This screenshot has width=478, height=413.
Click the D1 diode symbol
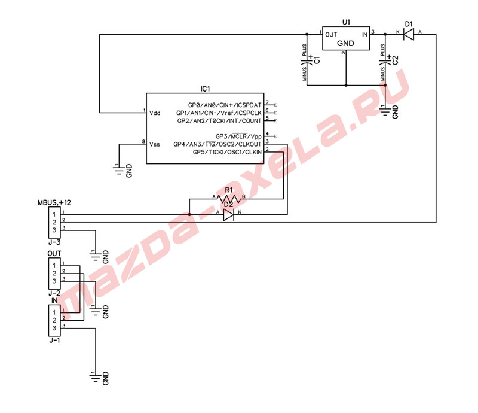409,34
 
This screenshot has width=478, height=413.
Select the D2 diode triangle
228,215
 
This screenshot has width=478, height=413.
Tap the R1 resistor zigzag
229,199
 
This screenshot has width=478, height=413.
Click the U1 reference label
346,22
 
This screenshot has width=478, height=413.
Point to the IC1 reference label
205,89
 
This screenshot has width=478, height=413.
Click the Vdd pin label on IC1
155,113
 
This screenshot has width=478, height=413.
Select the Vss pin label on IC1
155,144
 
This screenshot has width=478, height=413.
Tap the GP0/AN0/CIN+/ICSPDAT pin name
225,105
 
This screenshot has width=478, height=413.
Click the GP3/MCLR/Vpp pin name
238,136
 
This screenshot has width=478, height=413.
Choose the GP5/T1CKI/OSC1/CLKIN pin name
227,152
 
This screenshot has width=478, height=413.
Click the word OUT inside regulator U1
331,35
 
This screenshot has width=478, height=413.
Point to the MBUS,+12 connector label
54,202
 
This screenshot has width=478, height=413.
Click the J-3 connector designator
54,242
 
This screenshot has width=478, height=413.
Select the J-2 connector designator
54,293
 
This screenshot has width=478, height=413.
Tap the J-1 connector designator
54,341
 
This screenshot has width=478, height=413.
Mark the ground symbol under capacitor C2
385,111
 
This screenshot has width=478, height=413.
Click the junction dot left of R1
189,215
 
